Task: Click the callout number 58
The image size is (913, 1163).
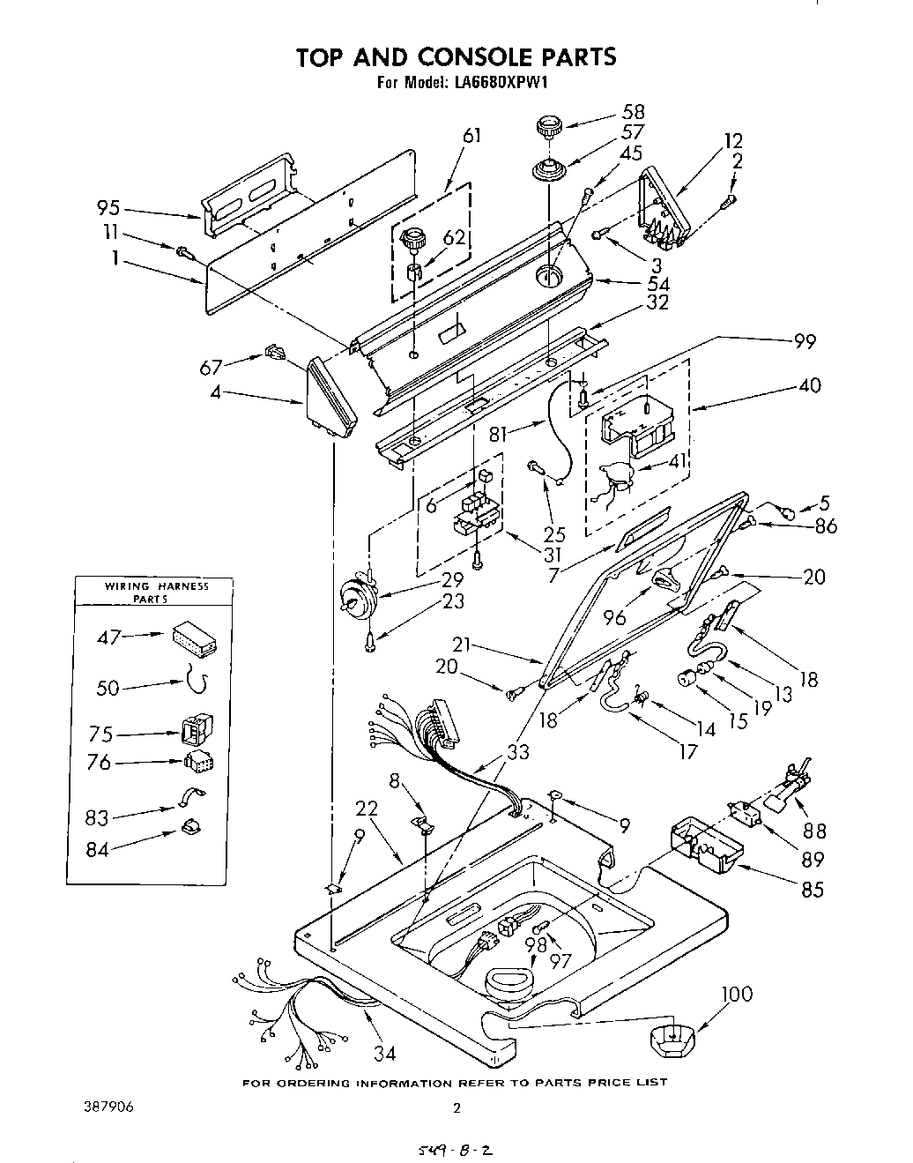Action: coord(633,112)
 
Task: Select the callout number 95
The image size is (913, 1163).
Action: coord(109,209)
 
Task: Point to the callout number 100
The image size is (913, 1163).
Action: coord(737,994)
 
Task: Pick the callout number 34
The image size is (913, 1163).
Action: coord(384,1052)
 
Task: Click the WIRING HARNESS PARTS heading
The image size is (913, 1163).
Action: coord(156,592)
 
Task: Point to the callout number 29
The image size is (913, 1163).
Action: coord(452,579)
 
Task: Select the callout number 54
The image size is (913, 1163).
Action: coord(657,283)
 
